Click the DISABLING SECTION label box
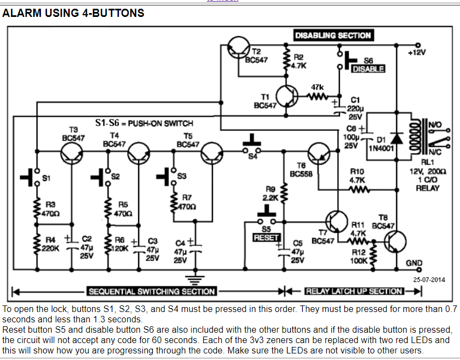[333, 35]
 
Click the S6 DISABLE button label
[368, 69]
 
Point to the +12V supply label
[417, 52]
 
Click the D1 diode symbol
[397, 139]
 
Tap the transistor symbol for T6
[318, 153]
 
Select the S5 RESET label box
[267, 238]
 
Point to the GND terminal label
[414, 263]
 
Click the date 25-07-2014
[429, 280]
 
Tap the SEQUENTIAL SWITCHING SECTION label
[152, 291]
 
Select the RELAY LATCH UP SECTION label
[354, 291]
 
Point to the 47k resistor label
[318, 87]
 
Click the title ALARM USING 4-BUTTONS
[74, 13]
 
